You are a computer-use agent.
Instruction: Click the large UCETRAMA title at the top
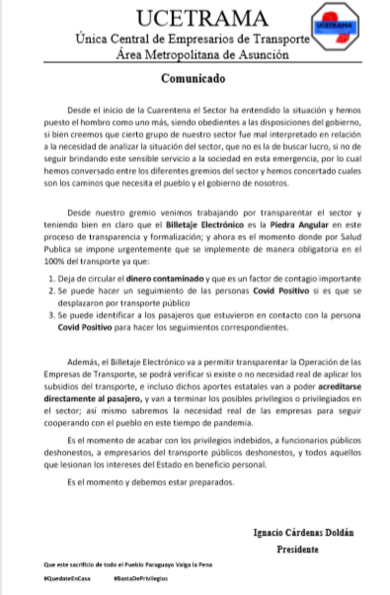pos(202,18)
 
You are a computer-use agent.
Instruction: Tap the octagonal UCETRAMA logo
pos(334,26)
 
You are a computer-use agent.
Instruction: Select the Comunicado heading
pos(193,79)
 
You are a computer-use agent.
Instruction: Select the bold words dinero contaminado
pos(165,278)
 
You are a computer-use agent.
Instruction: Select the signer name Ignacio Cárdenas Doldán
pos(303,533)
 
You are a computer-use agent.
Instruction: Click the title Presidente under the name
pos(297,549)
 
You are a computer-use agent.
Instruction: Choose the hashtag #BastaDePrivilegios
pos(140,578)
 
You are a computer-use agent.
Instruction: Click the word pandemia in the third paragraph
pos(239,423)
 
